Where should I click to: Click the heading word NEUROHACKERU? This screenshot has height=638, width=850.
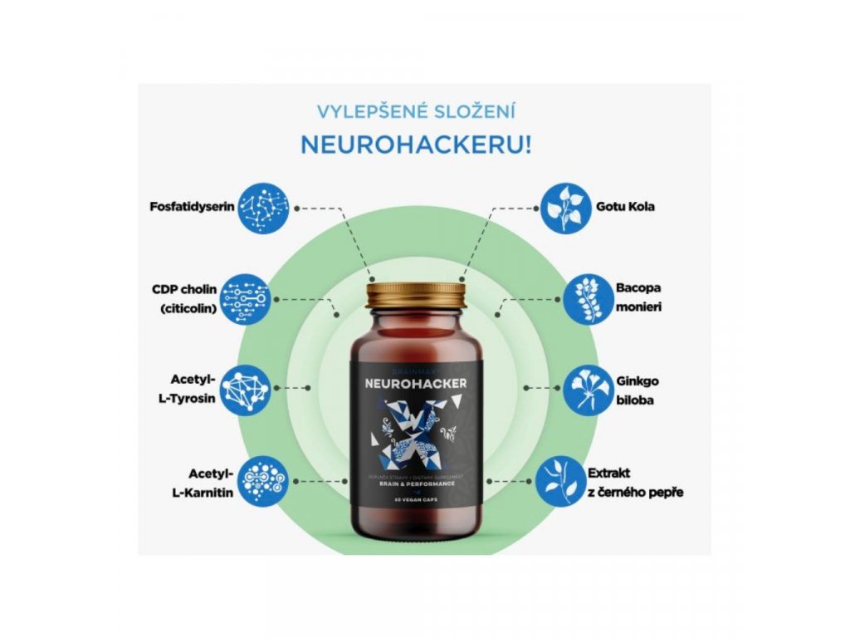click(416, 144)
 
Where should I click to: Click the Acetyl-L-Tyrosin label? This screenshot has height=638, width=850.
click(189, 388)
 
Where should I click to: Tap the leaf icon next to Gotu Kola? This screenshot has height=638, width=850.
click(565, 207)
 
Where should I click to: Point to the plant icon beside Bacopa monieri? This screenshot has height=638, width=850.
click(589, 299)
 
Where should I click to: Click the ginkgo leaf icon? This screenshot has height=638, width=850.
click(589, 388)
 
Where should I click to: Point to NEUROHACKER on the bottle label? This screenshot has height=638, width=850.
click(415, 384)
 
